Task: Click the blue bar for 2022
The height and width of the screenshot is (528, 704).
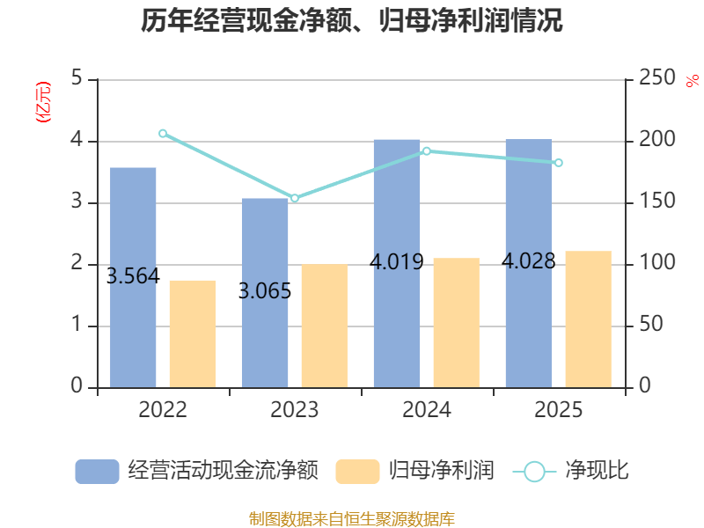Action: pyautogui.click(x=133, y=277)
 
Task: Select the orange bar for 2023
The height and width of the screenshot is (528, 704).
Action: pyautogui.click(x=325, y=326)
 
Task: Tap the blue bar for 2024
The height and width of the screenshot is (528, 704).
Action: pyautogui.click(x=397, y=263)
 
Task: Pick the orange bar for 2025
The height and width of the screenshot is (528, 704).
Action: pyautogui.click(x=588, y=319)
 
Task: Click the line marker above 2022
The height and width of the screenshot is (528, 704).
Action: pyautogui.click(x=163, y=134)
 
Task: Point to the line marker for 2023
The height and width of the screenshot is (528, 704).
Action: pyautogui.click(x=295, y=198)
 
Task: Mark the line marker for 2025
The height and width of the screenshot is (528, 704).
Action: pyautogui.click(x=559, y=163)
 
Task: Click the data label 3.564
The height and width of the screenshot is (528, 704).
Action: pyautogui.click(x=133, y=276)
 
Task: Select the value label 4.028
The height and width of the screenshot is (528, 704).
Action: pyautogui.click(x=529, y=261)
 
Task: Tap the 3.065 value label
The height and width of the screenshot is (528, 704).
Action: pyautogui.click(x=265, y=291)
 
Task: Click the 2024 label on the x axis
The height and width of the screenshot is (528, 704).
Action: pyautogui.click(x=427, y=409)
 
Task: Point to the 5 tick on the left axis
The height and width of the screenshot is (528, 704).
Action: pyautogui.click(x=77, y=77)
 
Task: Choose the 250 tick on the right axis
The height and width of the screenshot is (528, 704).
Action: pyautogui.click(x=656, y=77)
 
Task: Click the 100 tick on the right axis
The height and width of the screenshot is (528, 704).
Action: pyautogui.click(x=656, y=262)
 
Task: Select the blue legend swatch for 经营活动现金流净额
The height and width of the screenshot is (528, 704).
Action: pyautogui.click(x=97, y=472)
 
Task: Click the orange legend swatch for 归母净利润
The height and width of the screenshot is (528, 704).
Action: pyautogui.click(x=357, y=472)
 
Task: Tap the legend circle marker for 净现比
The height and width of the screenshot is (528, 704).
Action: pyautogui.click(x=534, y=472)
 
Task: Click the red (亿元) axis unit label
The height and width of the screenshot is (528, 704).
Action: pyautogui.click(x=43, y=102)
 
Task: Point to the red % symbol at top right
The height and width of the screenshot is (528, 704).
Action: pyautogui.click(x=693, y=81)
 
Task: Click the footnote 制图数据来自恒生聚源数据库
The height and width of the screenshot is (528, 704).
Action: pyautogui.click(x=352, y=519)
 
